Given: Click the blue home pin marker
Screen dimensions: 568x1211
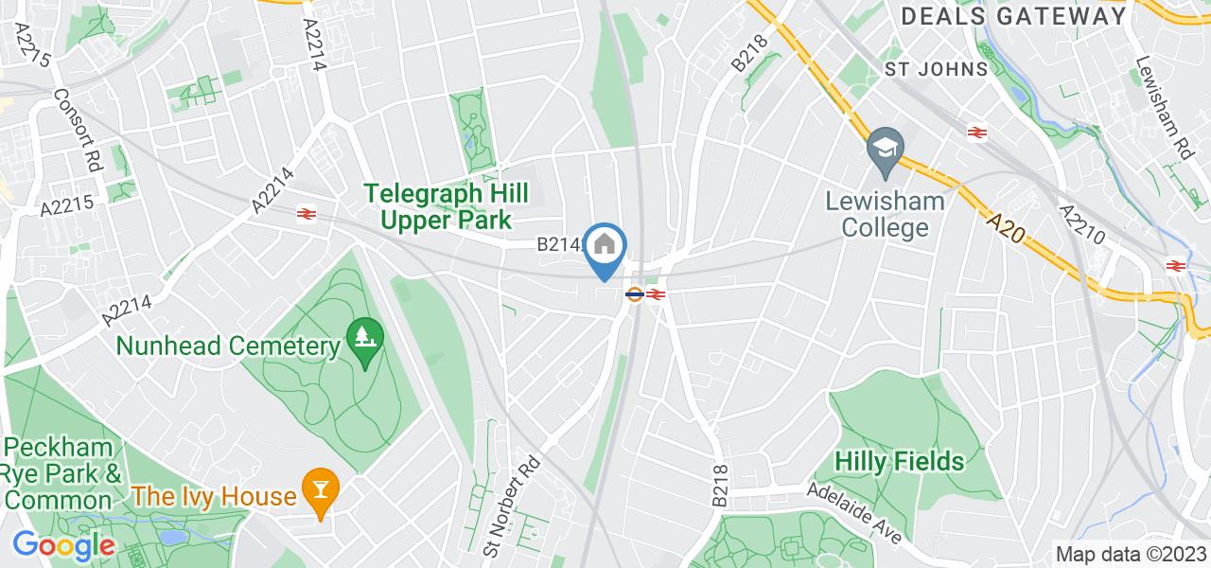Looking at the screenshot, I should (605, 248).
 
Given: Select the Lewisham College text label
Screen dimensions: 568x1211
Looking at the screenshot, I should (871, 214).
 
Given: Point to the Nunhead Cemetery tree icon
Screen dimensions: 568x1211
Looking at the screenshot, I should (362, 335).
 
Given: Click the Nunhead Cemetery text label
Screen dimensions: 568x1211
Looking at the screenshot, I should (228, 346).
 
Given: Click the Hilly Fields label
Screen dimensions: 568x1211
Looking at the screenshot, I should (900, 461).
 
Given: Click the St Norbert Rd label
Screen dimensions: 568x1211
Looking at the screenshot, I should (511, 506).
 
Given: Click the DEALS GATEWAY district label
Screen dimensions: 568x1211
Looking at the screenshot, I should (1014, 16).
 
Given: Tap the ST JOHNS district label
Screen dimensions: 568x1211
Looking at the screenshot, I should (936, 69).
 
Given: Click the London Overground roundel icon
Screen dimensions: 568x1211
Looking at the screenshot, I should (634, 294).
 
